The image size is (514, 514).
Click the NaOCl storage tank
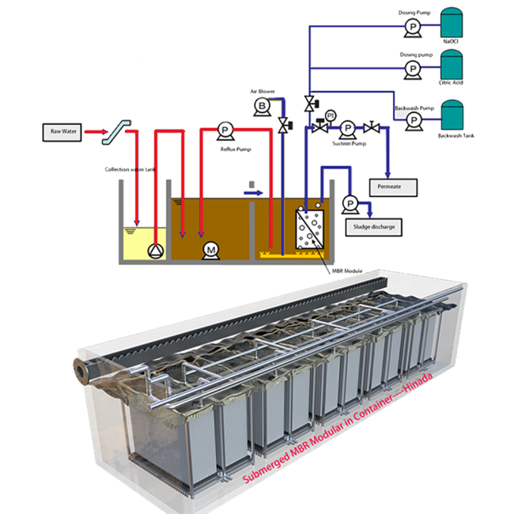click(x=452, y=26)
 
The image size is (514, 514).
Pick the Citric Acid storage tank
click(x=452, y=69)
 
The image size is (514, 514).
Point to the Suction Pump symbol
click(x=347, y=127)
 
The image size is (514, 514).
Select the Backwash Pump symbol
click(x=412, y=119)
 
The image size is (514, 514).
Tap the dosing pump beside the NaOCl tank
click(x=412, y=26)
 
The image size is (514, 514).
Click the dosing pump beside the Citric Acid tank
click(x=412, y=69)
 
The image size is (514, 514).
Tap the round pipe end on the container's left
click(x=80, y=369)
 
